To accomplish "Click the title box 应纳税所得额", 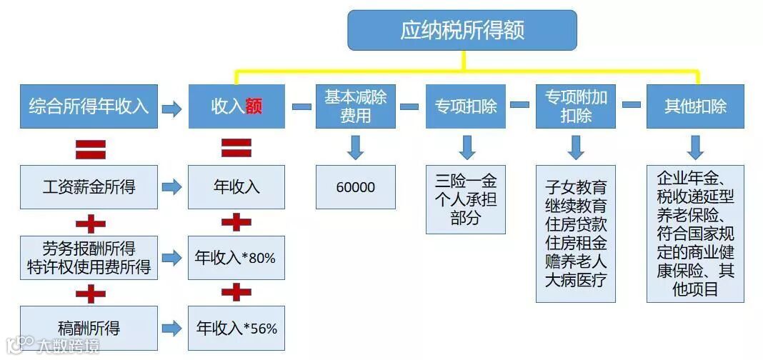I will tap(462, 31).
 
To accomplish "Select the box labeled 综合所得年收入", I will tap(89, 107).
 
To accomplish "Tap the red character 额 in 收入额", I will tap(254, 108).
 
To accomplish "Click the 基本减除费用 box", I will tap(355, 107).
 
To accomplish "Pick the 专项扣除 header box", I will tap(466, 107).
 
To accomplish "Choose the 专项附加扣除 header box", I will tap(575, 107).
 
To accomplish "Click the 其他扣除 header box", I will tap(695, 107).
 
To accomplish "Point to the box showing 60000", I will tap(355, 187).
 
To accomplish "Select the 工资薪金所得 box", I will tap(89, 187).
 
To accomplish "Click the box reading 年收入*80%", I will tap(236, 257).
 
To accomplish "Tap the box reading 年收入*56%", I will tap(236, 329).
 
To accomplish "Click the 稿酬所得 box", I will tap(89, 329).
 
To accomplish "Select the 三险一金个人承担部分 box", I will tap(466, 199).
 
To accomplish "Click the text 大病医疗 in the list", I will tap(575, 279).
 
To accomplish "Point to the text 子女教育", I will tap(575, 188).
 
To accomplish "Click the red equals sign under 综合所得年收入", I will tap(91, 148).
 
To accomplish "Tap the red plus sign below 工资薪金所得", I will tap(91, 223).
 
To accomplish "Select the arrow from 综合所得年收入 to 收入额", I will tap(172, 109).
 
